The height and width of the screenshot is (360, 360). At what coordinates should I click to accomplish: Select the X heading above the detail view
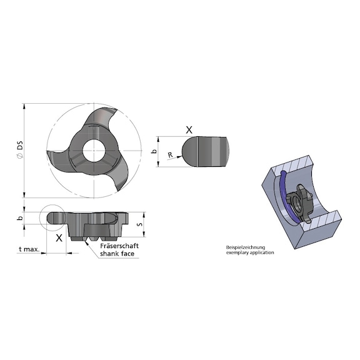tap(189, 130)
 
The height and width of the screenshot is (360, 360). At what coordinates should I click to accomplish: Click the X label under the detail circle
tap(59, 238)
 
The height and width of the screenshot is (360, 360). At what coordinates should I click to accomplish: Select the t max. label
tap(29, 249)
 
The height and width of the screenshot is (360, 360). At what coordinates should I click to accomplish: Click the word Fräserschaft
tap(118, 246)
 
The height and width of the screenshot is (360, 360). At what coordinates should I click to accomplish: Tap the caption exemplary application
tap(250, 253)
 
